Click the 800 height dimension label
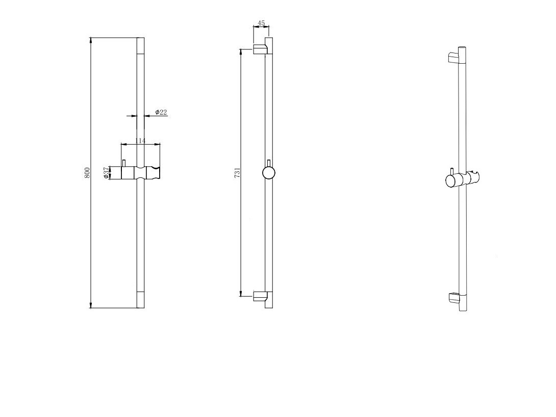tap(87, 172)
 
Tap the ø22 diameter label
tap(161, 112)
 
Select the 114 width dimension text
tap(140, 141)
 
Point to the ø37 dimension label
tap(106, 172)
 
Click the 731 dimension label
tap(238, 172)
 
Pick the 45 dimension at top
tap(261, 23)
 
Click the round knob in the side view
tap(269, 173)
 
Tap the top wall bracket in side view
tap(261, 49)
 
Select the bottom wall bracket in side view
tap(261, 297)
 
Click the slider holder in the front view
tap(141, 172)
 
